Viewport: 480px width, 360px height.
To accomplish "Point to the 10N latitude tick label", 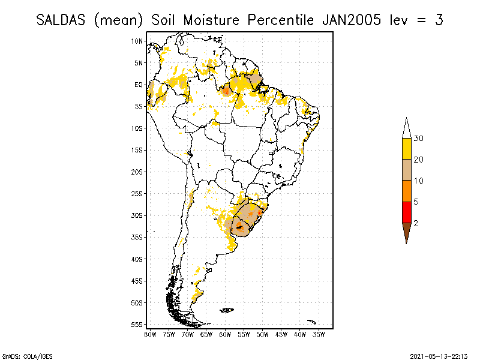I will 137,41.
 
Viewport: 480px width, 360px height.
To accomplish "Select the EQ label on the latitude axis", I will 139,85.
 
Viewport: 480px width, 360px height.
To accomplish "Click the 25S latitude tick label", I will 137,194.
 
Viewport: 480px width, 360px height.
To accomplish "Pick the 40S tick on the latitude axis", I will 137,259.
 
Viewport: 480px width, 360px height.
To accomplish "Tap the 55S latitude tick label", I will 137,325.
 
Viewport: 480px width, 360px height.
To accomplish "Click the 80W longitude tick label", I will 150,334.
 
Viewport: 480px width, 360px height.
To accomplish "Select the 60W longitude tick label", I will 225,334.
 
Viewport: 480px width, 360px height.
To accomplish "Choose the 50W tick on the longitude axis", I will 262,334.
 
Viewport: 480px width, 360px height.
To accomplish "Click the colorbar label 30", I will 419,139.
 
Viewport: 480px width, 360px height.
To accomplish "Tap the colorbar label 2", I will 416,223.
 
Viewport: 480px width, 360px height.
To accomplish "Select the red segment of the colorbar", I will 406,212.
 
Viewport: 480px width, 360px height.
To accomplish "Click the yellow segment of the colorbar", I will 406,149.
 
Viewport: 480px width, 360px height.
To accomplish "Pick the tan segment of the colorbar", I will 406,170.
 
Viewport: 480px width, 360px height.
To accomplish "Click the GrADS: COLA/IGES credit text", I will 22,355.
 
